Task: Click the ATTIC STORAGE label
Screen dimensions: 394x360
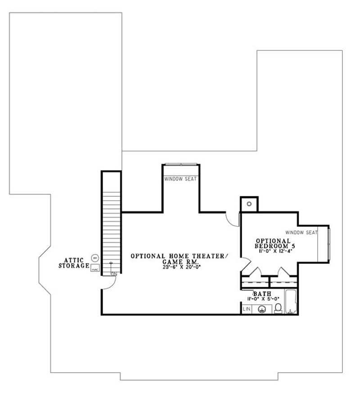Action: point(74,263)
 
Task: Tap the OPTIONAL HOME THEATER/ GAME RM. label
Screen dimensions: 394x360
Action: point(180,258)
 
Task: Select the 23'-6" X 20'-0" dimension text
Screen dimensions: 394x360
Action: point(180,267)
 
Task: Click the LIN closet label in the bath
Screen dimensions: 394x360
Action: point(247,309)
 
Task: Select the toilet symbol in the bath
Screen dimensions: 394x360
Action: point(278,308)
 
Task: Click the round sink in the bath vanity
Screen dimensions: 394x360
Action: point(261,309)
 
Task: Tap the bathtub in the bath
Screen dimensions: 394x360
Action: point(291,303)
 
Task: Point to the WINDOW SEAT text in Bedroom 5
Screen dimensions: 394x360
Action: point(301,232)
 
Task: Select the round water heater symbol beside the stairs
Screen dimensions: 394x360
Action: point(95,258)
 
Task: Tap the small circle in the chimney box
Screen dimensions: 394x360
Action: point(249,204)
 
